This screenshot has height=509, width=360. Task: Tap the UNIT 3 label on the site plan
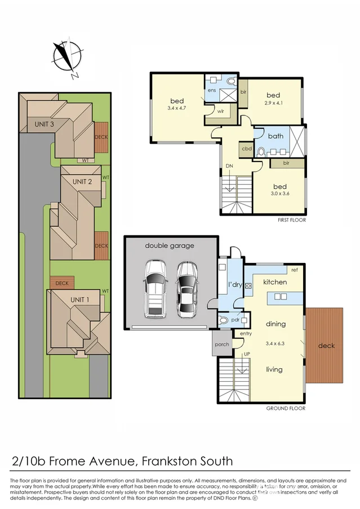coord(45,124)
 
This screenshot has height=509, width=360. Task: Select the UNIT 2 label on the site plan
coord(82,181)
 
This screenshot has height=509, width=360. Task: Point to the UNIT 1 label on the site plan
coord(79,300)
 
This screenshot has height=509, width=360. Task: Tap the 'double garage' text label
coord(170,245)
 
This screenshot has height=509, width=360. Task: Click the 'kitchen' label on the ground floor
coord(275,282)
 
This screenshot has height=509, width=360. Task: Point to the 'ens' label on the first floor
coord(212,90)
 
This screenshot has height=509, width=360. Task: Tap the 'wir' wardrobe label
coord(214,111)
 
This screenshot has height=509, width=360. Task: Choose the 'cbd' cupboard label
coord(246,149)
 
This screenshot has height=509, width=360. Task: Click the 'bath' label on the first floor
coord(275,136)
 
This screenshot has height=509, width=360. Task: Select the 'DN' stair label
coord(229,166)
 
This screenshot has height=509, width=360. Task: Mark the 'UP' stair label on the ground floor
coord(246,354)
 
